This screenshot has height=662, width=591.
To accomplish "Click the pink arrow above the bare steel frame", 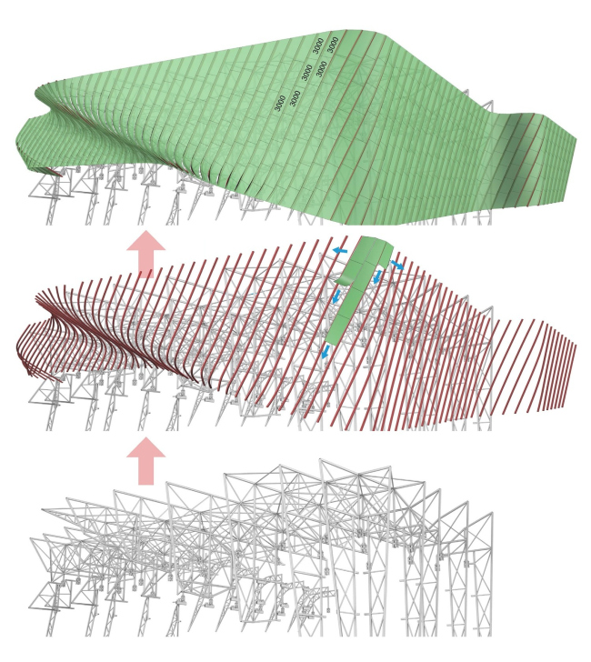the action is (146, 461).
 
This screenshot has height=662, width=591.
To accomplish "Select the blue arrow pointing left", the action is (340, 251).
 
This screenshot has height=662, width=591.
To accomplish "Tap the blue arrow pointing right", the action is (396, 266).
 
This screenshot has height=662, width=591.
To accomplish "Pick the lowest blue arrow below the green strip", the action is (325, 351).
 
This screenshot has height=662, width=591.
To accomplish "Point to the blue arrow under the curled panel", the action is (336, 296).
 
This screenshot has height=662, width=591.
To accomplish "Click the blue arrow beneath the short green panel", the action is (377, 277).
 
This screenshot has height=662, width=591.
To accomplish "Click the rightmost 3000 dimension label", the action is (334, 45).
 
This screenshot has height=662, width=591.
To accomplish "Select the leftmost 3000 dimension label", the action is (279, 103).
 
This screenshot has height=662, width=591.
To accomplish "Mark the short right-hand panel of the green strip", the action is (386, 253).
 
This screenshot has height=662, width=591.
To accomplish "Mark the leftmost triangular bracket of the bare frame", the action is (45, 597).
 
